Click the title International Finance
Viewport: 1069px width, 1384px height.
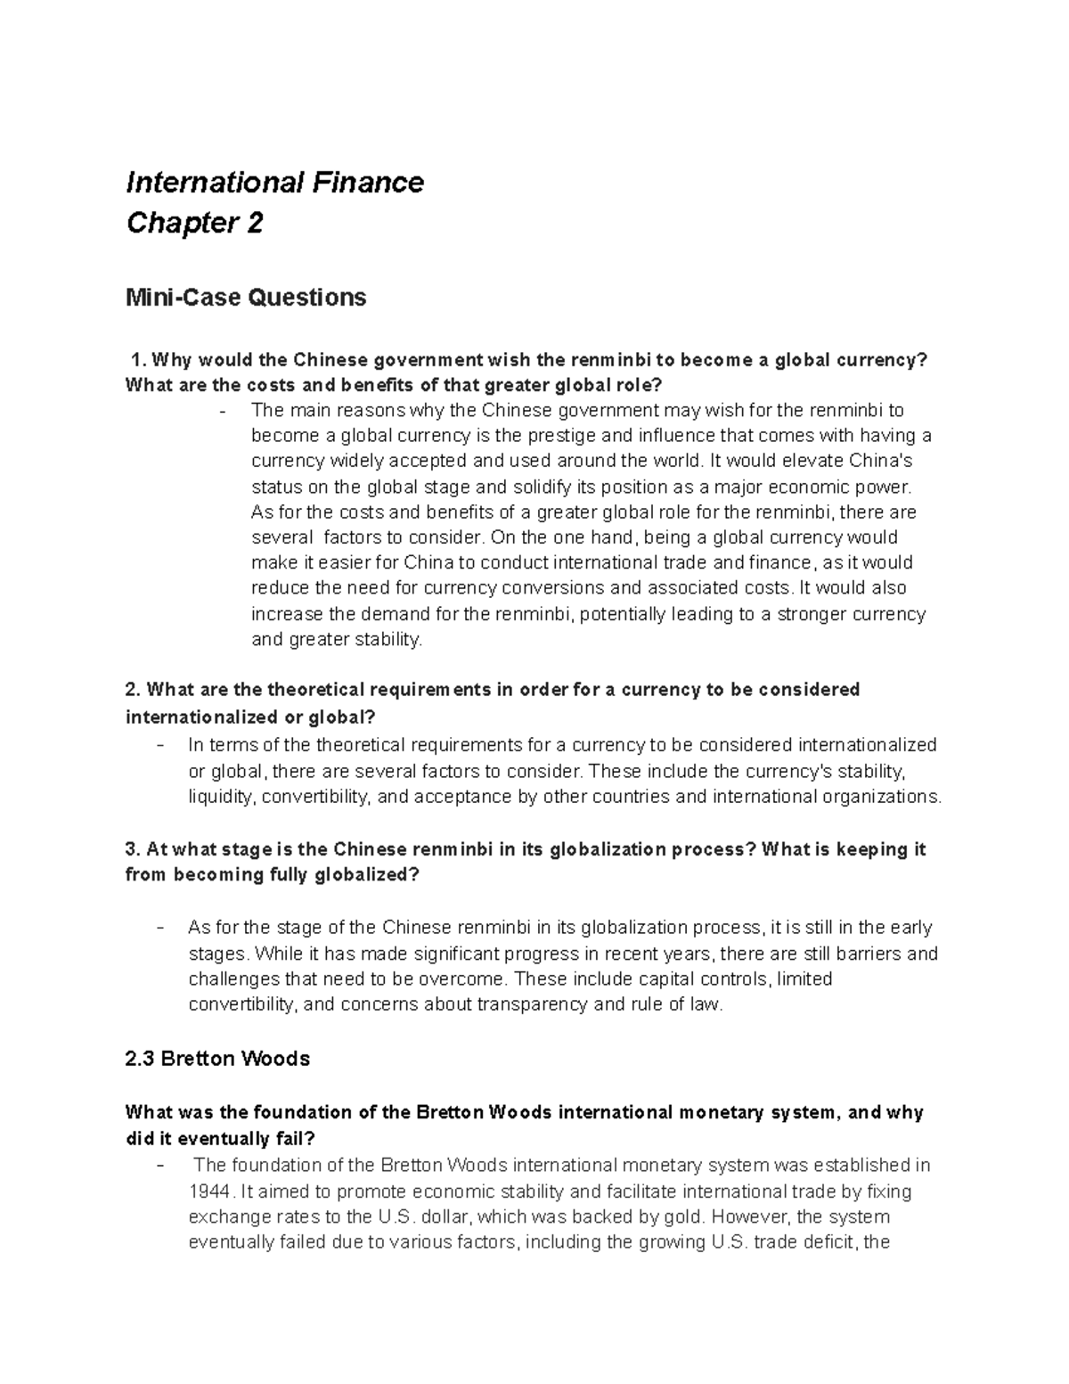pos(274,183)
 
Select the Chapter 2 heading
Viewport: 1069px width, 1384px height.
pos(194,223)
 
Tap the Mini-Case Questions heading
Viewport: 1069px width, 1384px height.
pos(246,297)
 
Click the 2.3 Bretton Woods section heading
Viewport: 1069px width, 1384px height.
pos(217,1059)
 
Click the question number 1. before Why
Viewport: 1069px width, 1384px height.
pos(138,360)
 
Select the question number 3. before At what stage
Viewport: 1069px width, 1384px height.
pos(134,849)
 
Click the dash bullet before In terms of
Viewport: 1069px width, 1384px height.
pos(159,745)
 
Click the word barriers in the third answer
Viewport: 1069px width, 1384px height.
pos(856,954)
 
